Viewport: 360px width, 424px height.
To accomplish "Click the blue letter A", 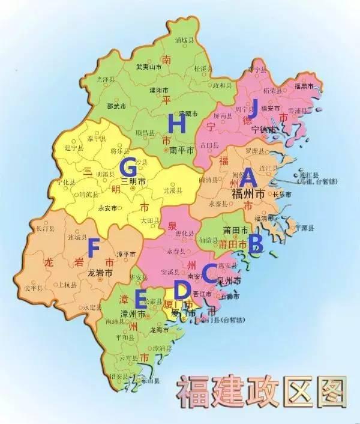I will [x=248, y=178].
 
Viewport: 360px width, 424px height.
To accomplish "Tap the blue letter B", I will [x=256, y=243].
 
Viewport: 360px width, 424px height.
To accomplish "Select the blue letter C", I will [x=209, y=273].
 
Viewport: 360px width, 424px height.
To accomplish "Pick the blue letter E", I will [x=142, y=297].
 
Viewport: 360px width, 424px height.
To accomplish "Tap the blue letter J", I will [x=253, y=109].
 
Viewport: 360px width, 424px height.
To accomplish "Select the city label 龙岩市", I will [x=100, y=272].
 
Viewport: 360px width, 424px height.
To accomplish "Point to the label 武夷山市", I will [x=148, y=67].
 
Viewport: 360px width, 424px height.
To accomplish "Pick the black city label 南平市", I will [x=181, y=150].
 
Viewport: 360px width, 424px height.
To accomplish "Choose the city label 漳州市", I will [x=132, y=313].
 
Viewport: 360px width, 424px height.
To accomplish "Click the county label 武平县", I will [x=33, y=288].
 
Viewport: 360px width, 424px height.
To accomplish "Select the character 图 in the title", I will [x=328, y=392].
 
